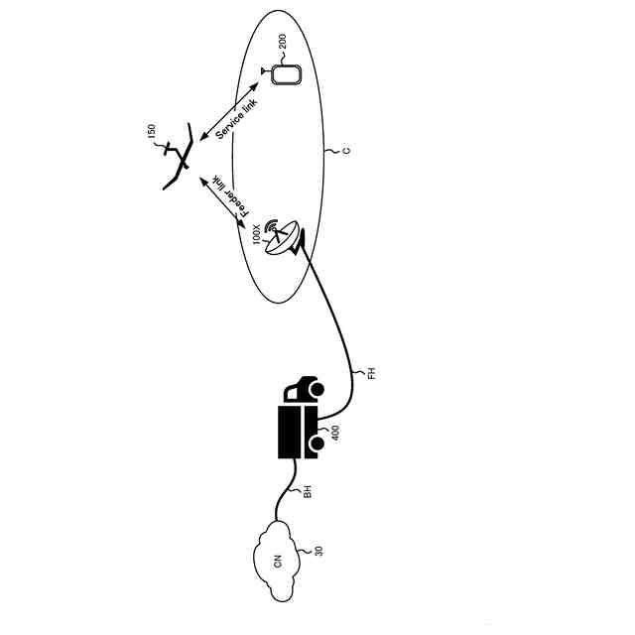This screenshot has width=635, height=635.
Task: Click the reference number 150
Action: [152, 134]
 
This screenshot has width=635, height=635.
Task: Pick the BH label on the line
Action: [308, 489]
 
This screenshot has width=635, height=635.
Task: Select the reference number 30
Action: [317, 551]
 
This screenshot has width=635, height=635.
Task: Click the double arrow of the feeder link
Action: [223, 201]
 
